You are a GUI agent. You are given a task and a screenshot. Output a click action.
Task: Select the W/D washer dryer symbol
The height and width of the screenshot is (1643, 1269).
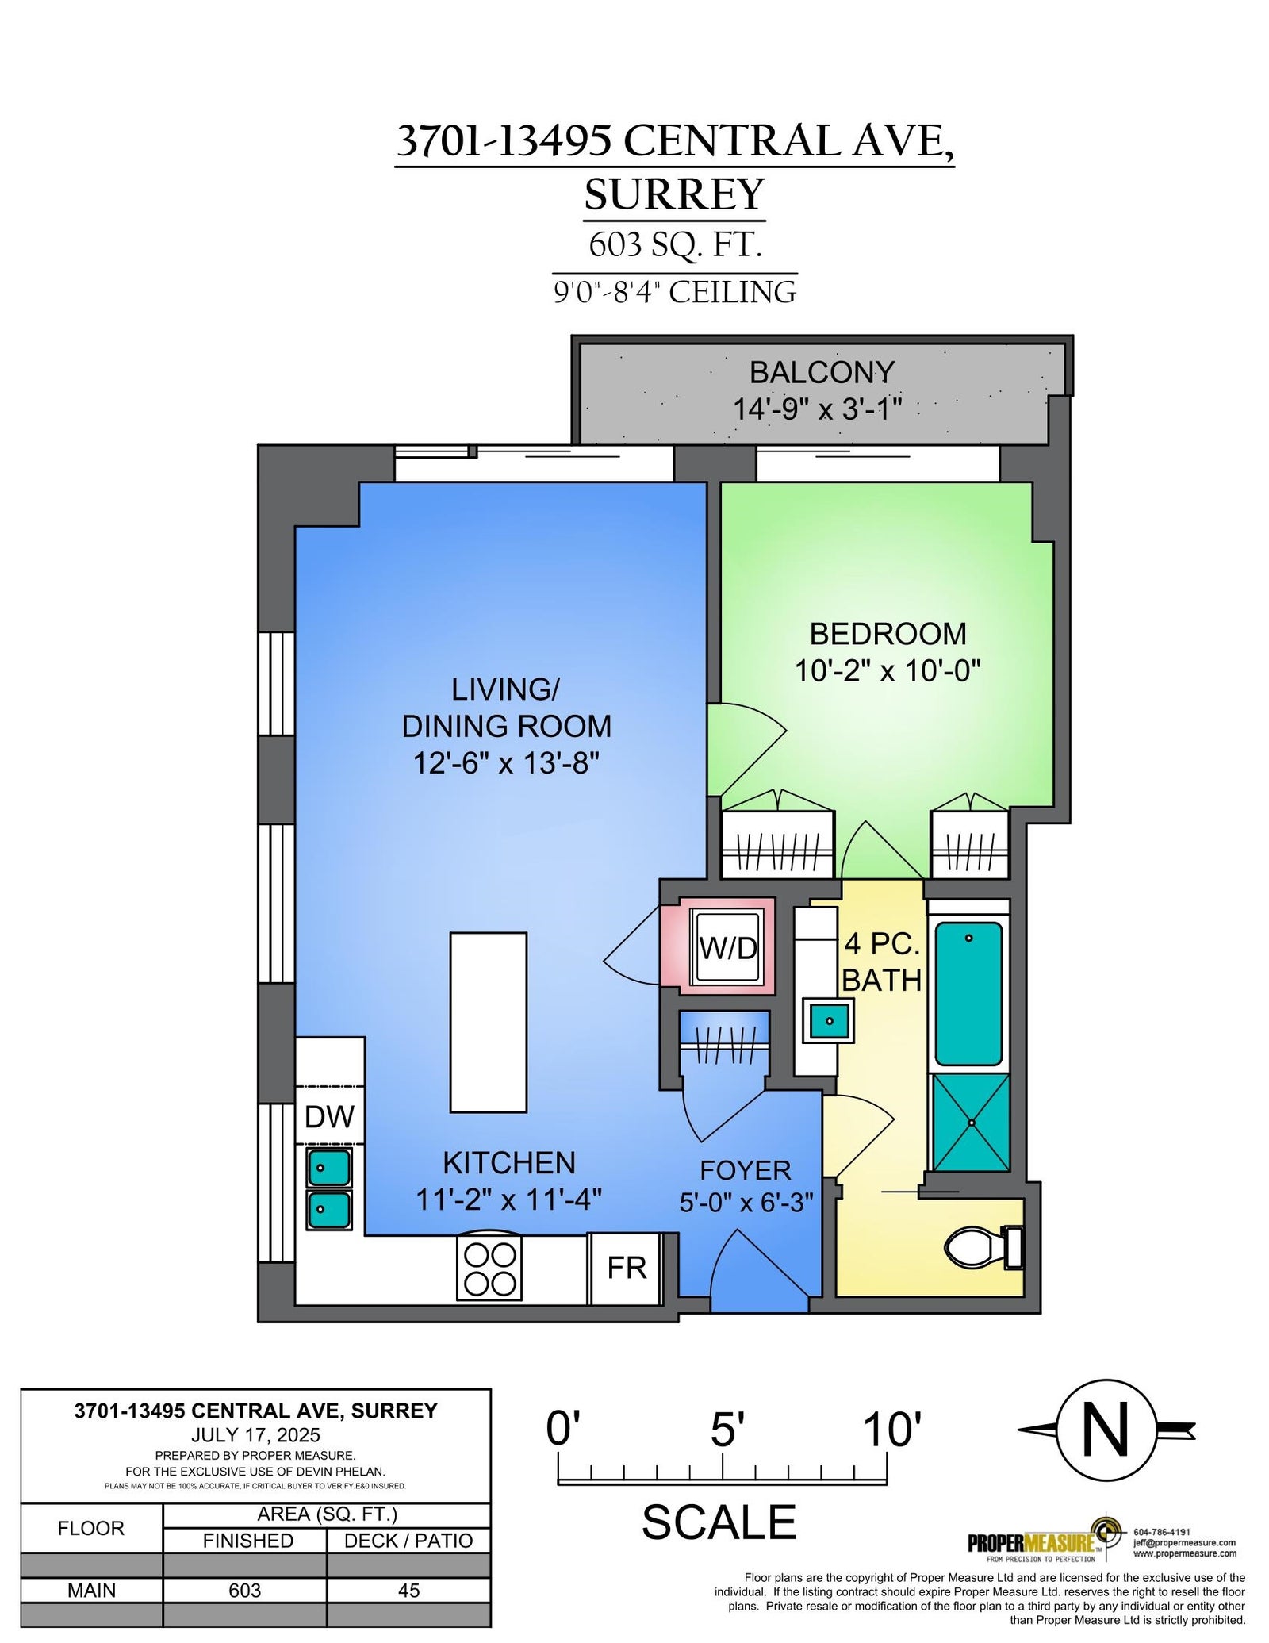(728, 948)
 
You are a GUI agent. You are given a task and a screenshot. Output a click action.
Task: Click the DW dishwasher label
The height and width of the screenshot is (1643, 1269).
(329, 1116)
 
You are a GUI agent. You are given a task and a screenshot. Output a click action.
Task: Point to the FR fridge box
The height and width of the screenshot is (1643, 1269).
(626, 1269)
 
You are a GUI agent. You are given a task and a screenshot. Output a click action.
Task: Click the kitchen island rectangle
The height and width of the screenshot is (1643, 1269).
(489, 1022)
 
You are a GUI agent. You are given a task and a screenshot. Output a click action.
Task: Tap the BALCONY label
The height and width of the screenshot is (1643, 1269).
(822, 372)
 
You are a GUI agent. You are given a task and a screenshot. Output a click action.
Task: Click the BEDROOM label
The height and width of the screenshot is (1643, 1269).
(888, 634)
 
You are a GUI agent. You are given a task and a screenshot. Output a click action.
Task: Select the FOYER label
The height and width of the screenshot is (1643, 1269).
(746, 1170)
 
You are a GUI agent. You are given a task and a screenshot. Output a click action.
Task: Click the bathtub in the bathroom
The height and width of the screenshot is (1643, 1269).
(968, 993)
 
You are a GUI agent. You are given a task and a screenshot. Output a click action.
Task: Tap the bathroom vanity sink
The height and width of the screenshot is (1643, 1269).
(828, 1020)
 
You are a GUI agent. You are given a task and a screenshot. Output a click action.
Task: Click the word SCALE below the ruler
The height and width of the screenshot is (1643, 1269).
(719, 1522)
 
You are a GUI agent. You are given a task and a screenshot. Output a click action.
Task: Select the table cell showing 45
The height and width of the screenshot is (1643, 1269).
(408, 1590)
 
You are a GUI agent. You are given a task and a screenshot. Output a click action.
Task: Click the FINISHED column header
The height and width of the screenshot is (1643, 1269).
(247, 1541)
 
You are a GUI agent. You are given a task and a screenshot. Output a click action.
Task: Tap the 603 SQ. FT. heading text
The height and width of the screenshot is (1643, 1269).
(675, 244)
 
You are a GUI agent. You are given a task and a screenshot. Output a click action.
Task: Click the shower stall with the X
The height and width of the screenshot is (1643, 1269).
(971, 1123)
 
